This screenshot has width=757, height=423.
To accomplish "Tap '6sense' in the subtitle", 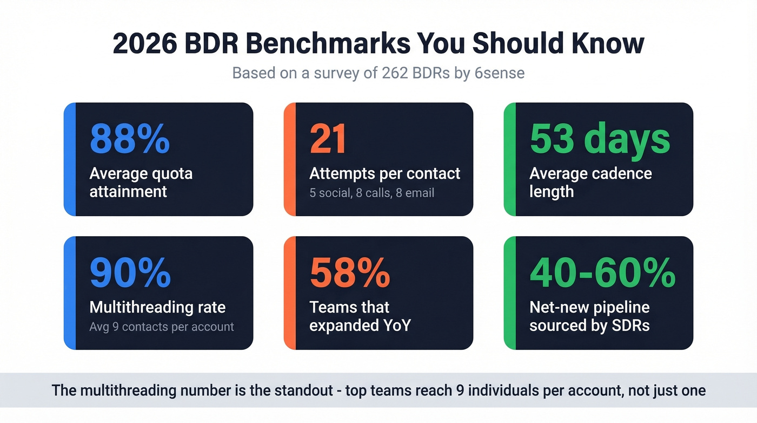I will [500, 73].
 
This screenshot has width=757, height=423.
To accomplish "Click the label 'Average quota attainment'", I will [141, 183].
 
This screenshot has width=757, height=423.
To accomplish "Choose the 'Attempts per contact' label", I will [384, 173].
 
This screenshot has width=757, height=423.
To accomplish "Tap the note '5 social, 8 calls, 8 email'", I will [371, 193].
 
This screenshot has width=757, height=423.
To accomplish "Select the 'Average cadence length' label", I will [590, 183].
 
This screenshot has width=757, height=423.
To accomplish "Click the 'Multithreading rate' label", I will [157, 307].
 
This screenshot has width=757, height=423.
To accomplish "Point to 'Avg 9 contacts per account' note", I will [161, 327].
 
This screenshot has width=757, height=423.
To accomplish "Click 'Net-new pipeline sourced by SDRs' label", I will [589, 316].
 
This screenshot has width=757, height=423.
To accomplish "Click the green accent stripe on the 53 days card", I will [510, 159].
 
